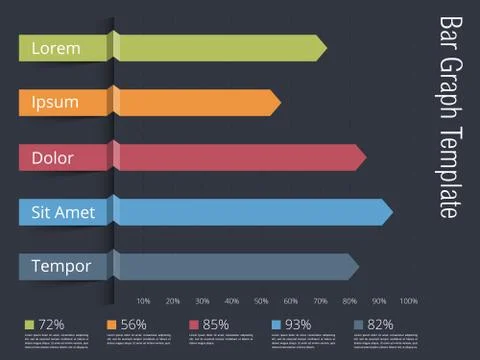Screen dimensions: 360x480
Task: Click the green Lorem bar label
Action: click(55, 47)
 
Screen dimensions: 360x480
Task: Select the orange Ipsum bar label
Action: click(55, 102)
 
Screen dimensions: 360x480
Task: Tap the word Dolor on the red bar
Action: click(53, 157)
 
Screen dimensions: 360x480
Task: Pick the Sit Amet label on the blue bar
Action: click(63, 212)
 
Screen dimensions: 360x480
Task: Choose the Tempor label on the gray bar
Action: click(61, 267)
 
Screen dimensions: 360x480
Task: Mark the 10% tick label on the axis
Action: click(143, 301)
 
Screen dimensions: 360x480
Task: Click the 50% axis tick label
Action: click(261, 301)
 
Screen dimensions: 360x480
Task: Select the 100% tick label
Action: click(409, 301)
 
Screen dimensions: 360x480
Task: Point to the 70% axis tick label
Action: click(320, 301)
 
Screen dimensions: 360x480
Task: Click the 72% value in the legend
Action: click(52, 324)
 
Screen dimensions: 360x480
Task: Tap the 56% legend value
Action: click(133, 324)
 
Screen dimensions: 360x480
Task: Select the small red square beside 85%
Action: click(194, 324)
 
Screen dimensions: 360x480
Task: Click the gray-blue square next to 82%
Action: click(359, 324)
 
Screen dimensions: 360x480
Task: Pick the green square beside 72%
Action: click(30, 324)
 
